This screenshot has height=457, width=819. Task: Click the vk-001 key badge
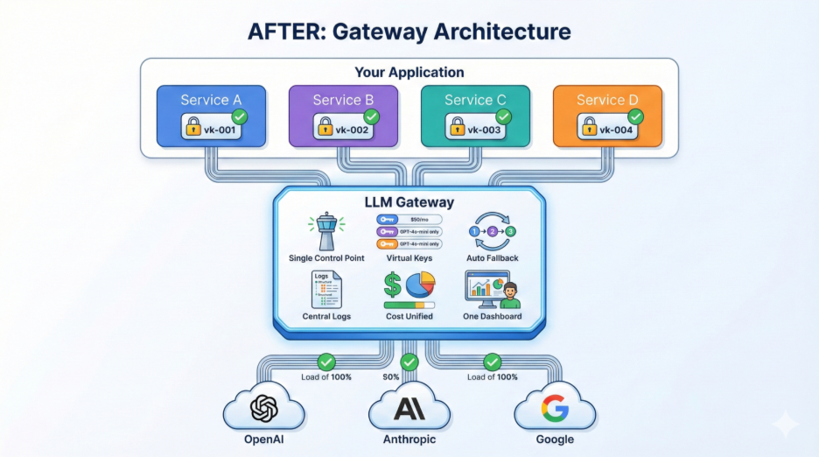pos(211,130)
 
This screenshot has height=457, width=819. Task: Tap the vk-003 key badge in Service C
pos(474,130)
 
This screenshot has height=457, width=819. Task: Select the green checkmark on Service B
pos(371,116)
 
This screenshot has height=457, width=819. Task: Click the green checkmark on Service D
pos(635,116)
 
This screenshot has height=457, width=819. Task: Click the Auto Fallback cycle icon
pos(493,231)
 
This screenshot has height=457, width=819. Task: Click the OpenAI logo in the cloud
pos(262,409)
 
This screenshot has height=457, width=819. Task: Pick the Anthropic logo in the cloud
pos(409,409)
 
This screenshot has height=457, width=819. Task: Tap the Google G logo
pos(554,409)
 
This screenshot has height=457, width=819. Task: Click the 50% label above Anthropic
pos(391,377)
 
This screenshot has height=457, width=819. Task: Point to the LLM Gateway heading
pos(409,202)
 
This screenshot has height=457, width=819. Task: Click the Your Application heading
pos(409,72)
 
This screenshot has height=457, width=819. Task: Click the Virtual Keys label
pos(409,259)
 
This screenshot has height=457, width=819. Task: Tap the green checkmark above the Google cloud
pos(493,361)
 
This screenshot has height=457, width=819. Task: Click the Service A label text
pos(210,100)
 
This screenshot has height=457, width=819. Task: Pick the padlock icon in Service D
pos(589,130)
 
